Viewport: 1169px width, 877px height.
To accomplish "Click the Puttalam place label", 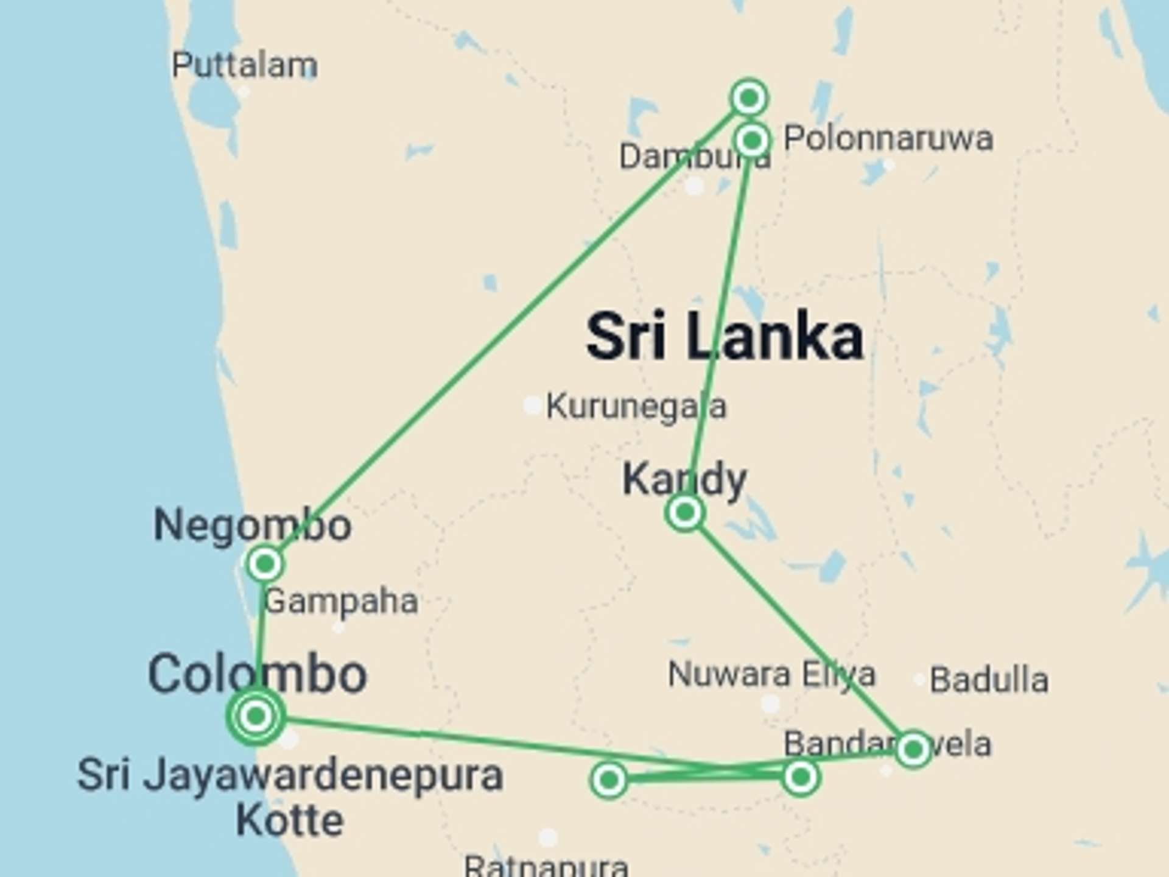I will point(244,65).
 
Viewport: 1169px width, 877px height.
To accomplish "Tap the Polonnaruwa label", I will point(888,139).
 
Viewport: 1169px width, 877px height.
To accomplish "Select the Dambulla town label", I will point(694,157).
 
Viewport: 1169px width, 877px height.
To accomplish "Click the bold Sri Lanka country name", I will point(725,336).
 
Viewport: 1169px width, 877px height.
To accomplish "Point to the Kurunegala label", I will point(636,407).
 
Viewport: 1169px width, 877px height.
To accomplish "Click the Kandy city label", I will point(684,479).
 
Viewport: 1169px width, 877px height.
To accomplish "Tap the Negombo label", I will point(252,525).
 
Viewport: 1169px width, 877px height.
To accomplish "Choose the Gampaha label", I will point(341,602).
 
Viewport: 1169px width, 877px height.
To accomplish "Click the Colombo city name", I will point(257,674).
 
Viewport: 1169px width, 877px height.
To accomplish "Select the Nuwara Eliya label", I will point(771,674).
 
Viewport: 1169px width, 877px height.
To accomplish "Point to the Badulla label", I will point(989,680).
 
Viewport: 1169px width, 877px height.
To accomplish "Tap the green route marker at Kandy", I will point(685,512).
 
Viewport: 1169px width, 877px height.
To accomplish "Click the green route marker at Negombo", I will point(264,564).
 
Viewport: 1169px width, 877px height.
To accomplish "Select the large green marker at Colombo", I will point(256,716).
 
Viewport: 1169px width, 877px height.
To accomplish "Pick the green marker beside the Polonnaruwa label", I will point(753,141).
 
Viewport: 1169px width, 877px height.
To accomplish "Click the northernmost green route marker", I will point(749,97).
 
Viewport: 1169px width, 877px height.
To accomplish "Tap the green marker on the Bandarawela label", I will point(913,749).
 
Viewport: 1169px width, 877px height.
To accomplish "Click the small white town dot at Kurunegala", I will point(532,405).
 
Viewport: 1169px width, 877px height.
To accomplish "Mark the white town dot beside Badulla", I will point(920,680).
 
